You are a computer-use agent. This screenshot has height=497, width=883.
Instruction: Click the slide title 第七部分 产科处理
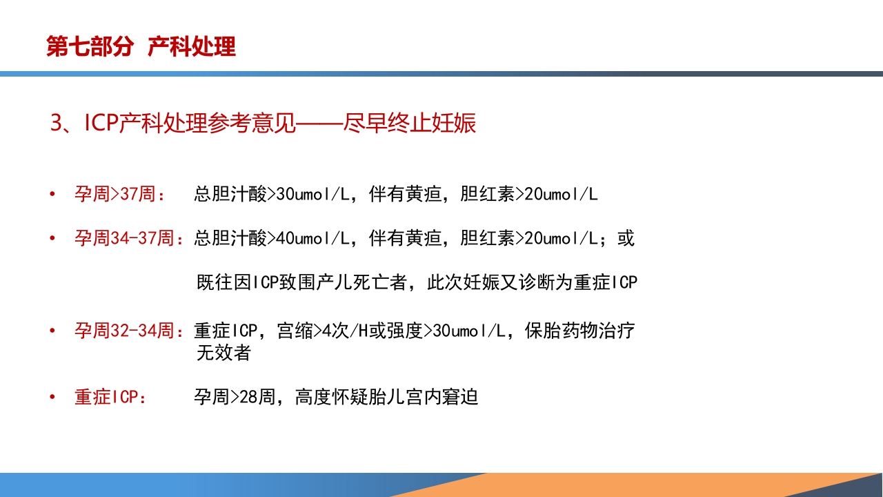141,47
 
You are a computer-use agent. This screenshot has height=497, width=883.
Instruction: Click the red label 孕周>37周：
120,195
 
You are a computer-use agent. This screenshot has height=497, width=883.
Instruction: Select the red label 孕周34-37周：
129,239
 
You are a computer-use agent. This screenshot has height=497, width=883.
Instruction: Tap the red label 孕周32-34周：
129,331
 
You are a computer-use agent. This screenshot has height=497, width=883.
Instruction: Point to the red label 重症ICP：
110,398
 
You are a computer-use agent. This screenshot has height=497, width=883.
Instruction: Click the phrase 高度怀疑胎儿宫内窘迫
386,398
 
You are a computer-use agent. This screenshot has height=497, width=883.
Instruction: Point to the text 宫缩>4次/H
323,331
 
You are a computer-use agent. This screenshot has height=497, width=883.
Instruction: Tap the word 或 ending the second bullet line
626,239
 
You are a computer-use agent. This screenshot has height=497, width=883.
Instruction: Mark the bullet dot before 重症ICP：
52,398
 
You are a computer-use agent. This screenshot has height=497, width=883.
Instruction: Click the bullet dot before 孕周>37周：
52,195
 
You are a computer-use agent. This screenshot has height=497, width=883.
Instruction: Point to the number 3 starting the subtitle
57,124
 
